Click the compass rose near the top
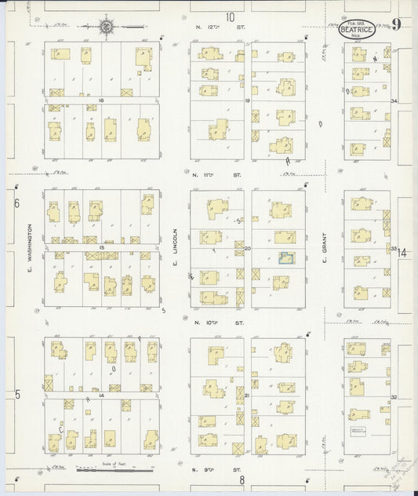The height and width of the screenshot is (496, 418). coord(104,27)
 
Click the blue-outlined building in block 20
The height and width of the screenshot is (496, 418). coord(286,260)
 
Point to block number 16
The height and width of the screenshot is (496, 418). coord(101,101)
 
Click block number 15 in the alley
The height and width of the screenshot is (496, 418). coord(101,248)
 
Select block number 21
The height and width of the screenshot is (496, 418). coord(247,395)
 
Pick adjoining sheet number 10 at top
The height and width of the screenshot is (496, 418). coord(230,16)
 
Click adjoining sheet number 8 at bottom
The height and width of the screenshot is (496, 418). coord(242,480)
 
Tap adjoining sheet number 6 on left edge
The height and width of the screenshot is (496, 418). coord(16,203)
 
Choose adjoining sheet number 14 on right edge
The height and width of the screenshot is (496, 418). coord(402,253)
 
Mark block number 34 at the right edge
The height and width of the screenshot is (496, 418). coord(394,101)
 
